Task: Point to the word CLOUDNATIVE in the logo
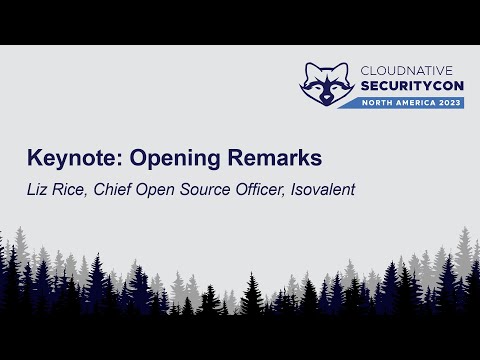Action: coord(408,71)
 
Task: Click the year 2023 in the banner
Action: coord(445,103)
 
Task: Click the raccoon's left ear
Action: coord(309,68)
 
